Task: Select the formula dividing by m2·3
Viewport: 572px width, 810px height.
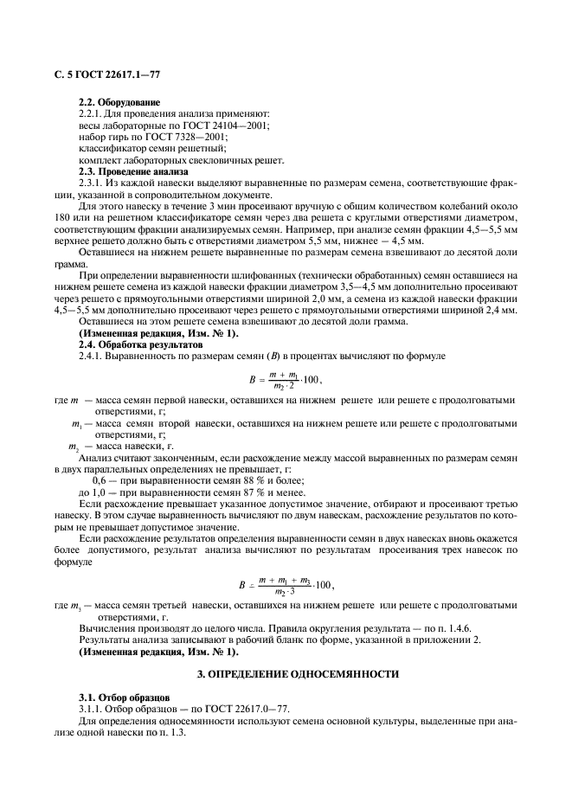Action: (295, 586)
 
